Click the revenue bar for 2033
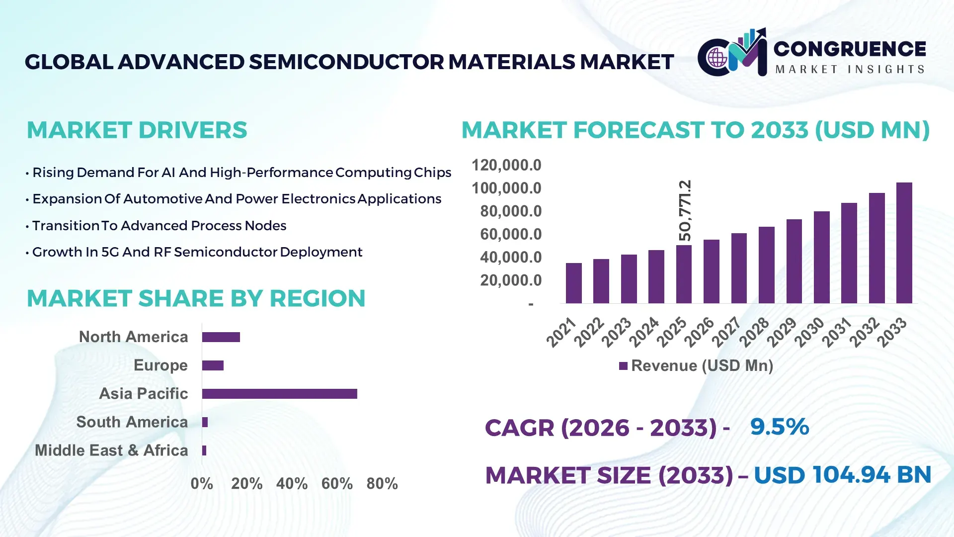tap(904, 243)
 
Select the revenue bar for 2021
tap(573, 283)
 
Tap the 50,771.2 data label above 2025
tap(685, 211)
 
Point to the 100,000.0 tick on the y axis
tap(506, 188)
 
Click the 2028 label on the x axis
tap(754, 332)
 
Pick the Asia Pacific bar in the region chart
tap(279, 394)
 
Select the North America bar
tap(221, 337)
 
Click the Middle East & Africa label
tap(111, 450)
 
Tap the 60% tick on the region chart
tap(337, 484)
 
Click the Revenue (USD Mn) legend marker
tap(623, 366)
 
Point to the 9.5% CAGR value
tap(779, 427)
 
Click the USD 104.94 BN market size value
tap(842, 475)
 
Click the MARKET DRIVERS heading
tap(137, 130)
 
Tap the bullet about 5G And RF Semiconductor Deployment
tap(197, 252)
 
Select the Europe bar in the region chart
tap(213, 365)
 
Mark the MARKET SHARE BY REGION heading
tap(196, 299)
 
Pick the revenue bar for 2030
tap(821, 258)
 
